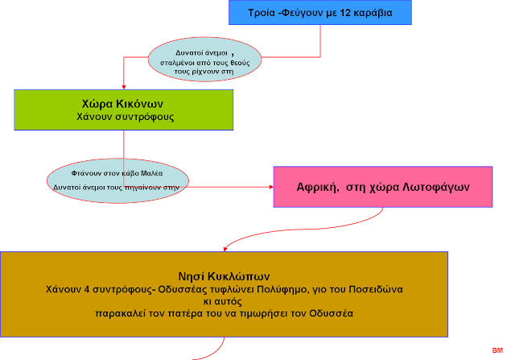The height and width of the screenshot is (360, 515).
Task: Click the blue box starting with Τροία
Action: pyautogui.click(x=319, y=13)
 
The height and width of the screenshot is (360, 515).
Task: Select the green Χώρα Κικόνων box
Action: pyautogui.click(x=124, y=110)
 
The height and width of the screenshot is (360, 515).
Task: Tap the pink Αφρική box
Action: pyautogui.click(x=382, y=187)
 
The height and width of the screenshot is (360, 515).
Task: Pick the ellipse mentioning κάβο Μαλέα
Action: pyautogui.click(x=117, y=178)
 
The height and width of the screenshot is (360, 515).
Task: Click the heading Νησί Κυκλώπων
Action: pyautogui.click(x=223, y=273)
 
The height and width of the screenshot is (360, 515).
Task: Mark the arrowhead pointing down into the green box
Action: pyautogui.click(x=123, y=85)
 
